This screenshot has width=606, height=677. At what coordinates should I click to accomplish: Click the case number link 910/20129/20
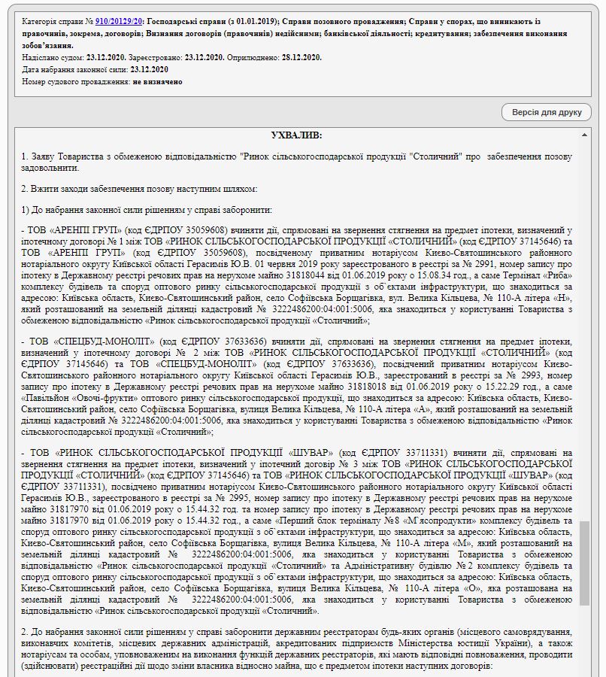pos(119,23)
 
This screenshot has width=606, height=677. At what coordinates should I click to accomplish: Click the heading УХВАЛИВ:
pos(296,135)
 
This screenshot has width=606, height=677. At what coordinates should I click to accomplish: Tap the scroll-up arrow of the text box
pos(585,135)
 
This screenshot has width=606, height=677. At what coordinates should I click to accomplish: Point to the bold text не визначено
pos(158,82)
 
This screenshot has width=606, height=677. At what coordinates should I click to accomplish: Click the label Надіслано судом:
pos(52,58)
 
